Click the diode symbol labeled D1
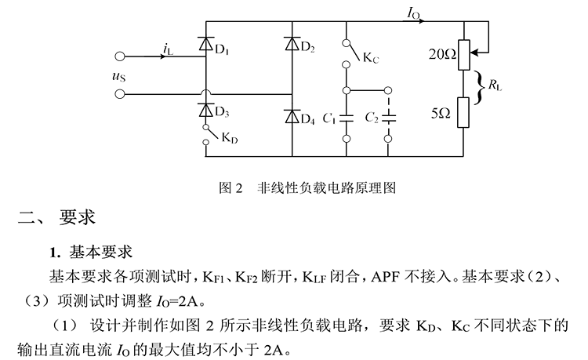(x=205, y=43)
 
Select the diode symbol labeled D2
(x=292, y=43)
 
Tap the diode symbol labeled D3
(x=205, y=110)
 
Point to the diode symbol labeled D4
(x=292, y=116)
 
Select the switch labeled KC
(x=350, y=53)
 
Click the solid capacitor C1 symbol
(x=347, y=118)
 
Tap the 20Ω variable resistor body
(x=464, y=55)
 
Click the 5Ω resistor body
(x=463, y=112)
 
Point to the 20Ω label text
(x=442, y=55)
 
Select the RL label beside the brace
(x=495, y=85)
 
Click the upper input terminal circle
(x=120, y=56)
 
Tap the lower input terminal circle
(x=120, y=94)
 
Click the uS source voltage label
(x=118, y=76)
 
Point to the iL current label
(x=169, y=49)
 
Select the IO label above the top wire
(x=414, y=13)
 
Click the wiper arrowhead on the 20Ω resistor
(x=474, y=53)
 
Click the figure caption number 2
(x=239, y=187)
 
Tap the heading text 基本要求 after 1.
(x=100, y=252)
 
